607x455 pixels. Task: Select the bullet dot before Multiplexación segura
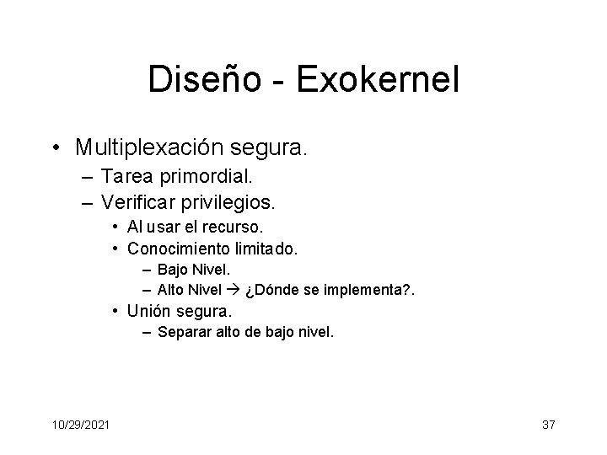pyautogui.click(x=55, y=148)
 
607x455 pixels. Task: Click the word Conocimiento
pyautogui.click(x=176, y=249)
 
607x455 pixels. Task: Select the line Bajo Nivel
pyautogui.click(x=192, y=270)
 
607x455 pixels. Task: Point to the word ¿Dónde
pyautogui.click(x=267, y=290)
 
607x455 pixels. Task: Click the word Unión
pyautogui.click(x=148, y=311)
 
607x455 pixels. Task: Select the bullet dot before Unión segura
pyautogui.click(x=115, y=312)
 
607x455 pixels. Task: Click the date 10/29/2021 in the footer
pyautogui.click(x=77, y=424)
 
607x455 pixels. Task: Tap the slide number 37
pyautogui.click(x=547, y=424)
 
